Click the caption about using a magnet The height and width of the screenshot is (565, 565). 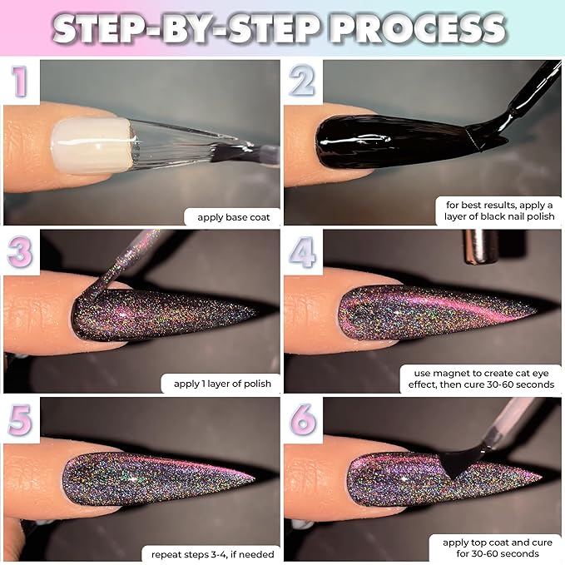point(480,379)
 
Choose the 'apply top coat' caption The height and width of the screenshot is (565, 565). point(494,548)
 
